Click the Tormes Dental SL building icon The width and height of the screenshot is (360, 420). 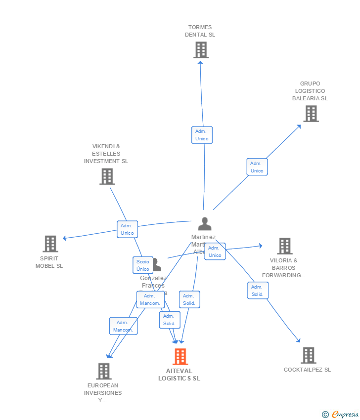point(201,50)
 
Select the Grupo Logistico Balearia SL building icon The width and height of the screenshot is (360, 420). point(311,114)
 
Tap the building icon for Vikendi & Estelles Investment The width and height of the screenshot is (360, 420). point(107,176)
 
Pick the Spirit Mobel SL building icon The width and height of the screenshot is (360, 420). point(50,244)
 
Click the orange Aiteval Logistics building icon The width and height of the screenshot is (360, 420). point(180,356)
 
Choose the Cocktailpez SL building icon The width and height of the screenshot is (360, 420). point(308,355)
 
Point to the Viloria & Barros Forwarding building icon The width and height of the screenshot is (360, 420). point(284,246)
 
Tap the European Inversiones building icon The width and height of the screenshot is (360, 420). point(103,371)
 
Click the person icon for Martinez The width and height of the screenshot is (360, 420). point(204,224)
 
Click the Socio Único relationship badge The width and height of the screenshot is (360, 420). point(143,265)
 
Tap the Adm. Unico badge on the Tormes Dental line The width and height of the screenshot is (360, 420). point(202,135)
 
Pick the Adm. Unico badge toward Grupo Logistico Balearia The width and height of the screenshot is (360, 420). point(257,167)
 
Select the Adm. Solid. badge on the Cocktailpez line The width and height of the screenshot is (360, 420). point(258,291)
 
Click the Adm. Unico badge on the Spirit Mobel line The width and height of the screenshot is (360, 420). point(127,229)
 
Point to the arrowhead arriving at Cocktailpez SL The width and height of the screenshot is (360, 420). point(298,340)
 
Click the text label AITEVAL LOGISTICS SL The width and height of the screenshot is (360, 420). point(179,375)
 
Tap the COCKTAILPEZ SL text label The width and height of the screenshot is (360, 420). point(307,370)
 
